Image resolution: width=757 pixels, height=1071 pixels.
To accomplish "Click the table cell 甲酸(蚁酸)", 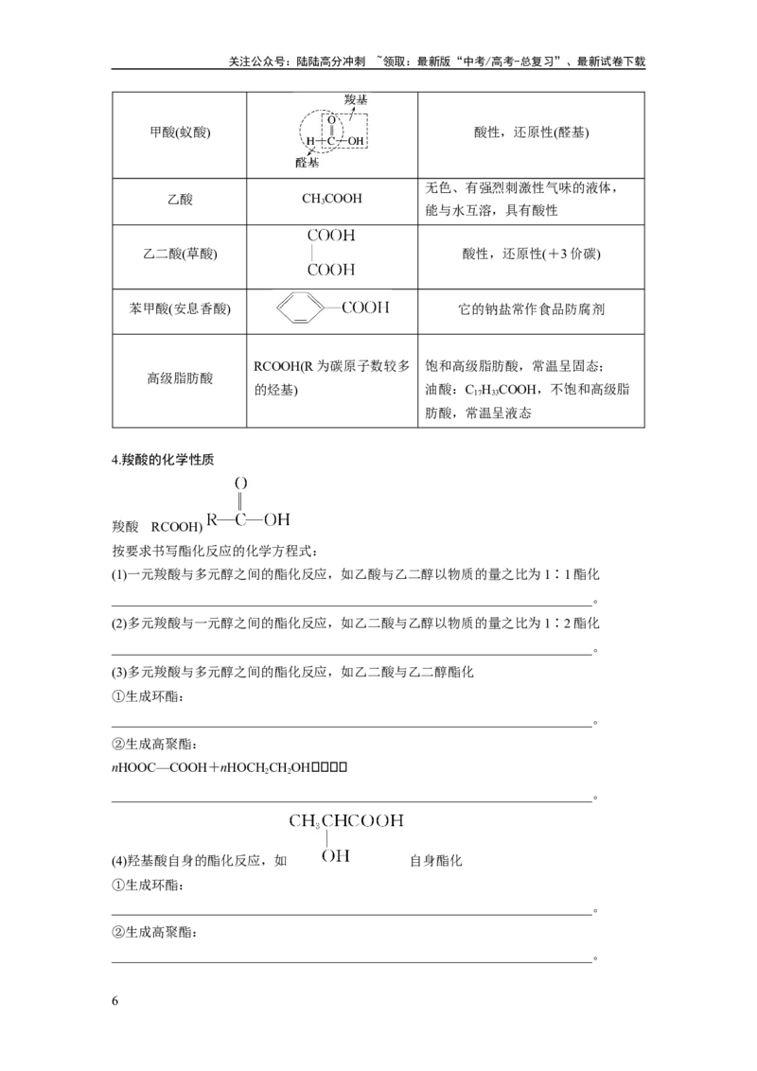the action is (x=180, y=132).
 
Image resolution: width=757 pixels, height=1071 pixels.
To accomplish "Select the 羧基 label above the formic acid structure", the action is (x=356, y=99).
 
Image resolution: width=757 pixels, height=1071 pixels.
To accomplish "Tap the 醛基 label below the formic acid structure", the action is (x=307, y=163).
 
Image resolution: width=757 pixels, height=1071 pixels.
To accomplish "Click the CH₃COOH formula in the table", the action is (x=332, y=199).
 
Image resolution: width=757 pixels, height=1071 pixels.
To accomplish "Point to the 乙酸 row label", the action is (x=180, y=200).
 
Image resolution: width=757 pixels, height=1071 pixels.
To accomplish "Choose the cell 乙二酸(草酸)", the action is (x=180, y=255).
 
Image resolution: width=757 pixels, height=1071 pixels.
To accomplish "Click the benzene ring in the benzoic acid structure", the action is (x=301, y=308).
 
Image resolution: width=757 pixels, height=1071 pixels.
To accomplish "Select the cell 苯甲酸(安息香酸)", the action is (x=180, y=308).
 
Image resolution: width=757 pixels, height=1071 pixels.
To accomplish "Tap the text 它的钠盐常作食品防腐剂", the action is (x=531, y=309).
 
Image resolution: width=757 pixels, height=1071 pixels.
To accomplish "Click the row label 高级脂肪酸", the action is (x=180, y=378).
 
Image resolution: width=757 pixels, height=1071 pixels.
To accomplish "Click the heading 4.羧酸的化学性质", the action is (x=163, y=460).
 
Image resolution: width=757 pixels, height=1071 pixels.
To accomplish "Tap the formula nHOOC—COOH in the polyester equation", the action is (x=159, y=767).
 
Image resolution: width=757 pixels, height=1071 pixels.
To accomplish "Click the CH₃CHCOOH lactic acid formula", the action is (x=345, y=820).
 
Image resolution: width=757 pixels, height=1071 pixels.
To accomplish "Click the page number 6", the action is (x=114, y=1001).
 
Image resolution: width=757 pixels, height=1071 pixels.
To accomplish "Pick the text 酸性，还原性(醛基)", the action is (x=531, y=132).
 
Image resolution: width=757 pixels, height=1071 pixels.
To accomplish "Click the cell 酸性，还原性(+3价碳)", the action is (x=531, y=255).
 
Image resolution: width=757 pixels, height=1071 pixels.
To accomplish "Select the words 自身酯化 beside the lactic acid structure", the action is (x=436, y=861).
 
